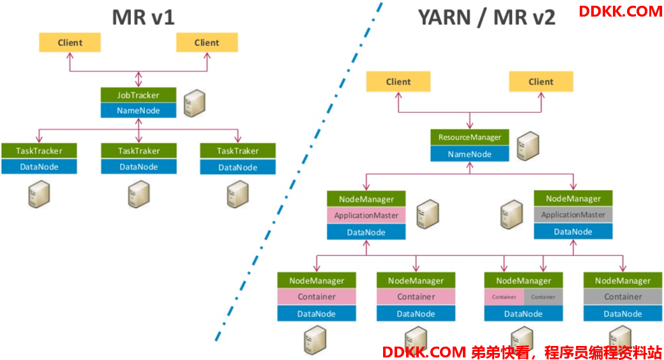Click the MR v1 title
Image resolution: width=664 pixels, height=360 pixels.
point(143,17)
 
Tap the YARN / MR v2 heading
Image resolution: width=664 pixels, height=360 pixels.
point(487,18)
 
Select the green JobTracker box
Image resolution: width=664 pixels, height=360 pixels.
point(139,95)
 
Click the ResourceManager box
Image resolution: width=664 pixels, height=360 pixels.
point(470,137)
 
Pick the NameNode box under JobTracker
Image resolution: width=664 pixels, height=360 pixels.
point(139,110)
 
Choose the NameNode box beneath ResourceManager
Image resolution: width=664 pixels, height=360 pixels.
point(470,154)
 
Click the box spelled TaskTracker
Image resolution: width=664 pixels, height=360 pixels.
point(39,151)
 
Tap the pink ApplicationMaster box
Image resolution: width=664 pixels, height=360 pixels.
point(366,215)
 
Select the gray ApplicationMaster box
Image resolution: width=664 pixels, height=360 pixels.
point(573,214)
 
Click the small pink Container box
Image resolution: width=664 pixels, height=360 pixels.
point(504,297)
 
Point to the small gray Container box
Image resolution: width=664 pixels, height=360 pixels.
point(543,297)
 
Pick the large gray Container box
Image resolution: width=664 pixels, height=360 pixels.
point(623,297)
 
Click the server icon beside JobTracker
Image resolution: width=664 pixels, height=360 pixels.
point(195,103)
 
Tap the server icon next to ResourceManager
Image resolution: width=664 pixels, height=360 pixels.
point(528,146)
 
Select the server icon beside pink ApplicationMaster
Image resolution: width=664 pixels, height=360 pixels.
point(428,214)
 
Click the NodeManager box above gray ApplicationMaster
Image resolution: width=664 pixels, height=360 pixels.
point(573,199)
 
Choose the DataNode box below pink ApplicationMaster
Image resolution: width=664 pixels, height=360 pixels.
point(366,232)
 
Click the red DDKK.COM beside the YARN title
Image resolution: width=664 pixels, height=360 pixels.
point(621,11)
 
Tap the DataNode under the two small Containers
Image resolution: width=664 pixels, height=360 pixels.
point(524,314)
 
